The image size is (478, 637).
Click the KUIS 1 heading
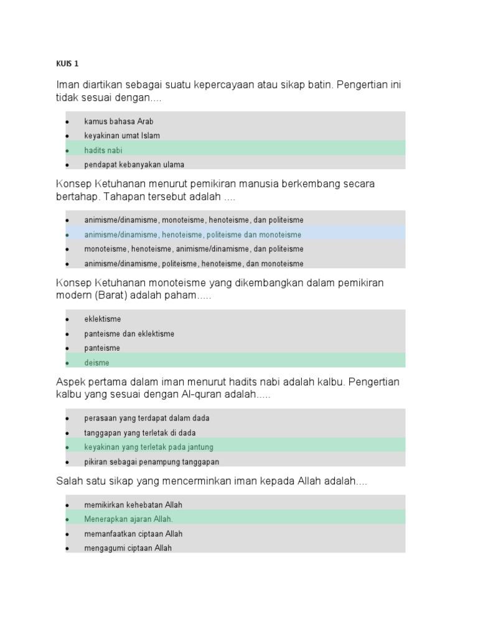pos(67,63)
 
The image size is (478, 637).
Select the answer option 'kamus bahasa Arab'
pos(118,121)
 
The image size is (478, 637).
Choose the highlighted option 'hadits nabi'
pos(103,150)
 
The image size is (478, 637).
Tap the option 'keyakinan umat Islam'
pos(122,136)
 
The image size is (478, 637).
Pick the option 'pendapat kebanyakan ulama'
pos(134,165)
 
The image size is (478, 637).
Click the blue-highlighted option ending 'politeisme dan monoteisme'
pos(192,235)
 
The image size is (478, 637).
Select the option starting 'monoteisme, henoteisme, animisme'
pos(194,249)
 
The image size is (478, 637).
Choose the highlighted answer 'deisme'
pos(96,363)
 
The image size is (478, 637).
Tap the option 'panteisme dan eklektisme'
pos(129,333)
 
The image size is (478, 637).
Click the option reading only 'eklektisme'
pos(103,319)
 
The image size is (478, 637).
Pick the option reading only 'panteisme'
pos(102,348)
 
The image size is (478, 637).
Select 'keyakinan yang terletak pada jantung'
pos(149,447)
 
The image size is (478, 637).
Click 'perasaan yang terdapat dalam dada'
pos(147,418)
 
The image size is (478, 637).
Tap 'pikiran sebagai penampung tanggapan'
pos(151,462)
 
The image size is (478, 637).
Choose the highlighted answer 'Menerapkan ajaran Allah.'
pos(128,519)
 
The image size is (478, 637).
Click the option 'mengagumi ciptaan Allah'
pos(128,548)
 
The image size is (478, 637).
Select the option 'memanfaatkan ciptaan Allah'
pos(133,534)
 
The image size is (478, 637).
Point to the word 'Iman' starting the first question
pos(68,85)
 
